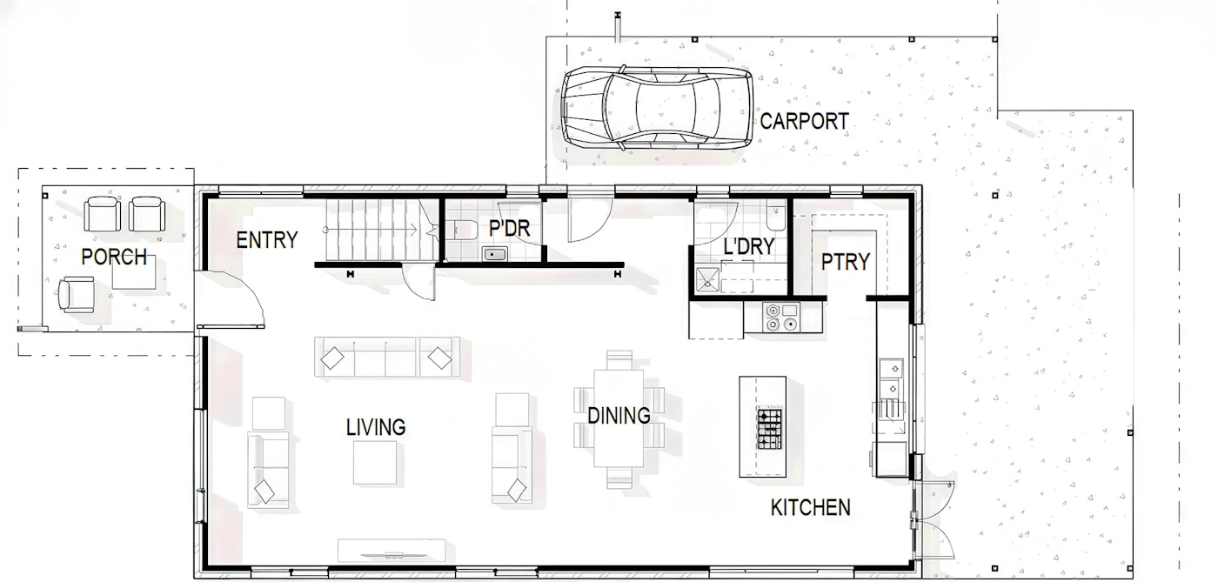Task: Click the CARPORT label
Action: [x=804, y=121]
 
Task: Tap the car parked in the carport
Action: [x=657, y=108]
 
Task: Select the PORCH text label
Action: [x=114, y=257]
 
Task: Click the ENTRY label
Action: [x=267, y=240]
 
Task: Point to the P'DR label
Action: [x=510, y=229]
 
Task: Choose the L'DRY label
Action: [x=749, y=246]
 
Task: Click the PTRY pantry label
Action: [x=846, y=262]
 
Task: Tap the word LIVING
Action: [x=376, y=427]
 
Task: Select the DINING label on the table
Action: [x=619, y=416]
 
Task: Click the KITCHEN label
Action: [x=811, y=507]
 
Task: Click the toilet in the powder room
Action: [x=462, y=230]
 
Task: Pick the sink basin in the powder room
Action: [x=495, y=254]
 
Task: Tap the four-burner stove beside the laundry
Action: [x=782, y=318]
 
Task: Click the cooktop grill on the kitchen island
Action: [x=769, y=429]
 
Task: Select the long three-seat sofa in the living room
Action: [x=387, y=357]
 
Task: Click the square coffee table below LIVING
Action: [x=375, y=462]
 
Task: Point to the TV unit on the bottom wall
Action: [x=391, y=551]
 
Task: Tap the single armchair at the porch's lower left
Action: [x=77, y=294]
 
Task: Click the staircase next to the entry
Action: [x=382, y=230]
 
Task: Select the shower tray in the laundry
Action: [x=707, y=281]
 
